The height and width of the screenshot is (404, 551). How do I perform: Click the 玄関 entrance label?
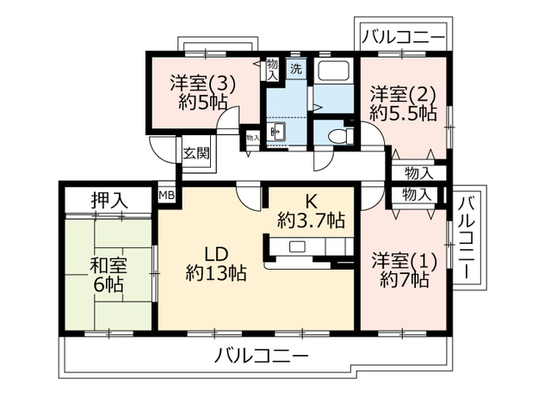click(195, 153)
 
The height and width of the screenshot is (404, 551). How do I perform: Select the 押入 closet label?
click(109, 200)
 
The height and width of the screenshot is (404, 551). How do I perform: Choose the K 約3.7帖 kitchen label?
click(311, 209)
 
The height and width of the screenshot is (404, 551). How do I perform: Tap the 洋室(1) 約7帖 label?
click(400, 269)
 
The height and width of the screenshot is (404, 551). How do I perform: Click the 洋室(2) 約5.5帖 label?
click(403, 103)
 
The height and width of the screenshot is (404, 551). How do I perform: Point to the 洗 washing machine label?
click(294, 69)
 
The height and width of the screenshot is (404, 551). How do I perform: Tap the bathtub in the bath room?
click(334, 71)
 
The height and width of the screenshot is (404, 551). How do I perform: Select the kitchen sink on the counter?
click(297, 247)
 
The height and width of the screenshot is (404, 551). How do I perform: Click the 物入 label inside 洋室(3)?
click(272, 69)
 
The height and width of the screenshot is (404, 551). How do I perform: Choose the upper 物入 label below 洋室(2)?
click(418, 172)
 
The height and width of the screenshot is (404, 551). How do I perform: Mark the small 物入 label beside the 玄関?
click(252, 137)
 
